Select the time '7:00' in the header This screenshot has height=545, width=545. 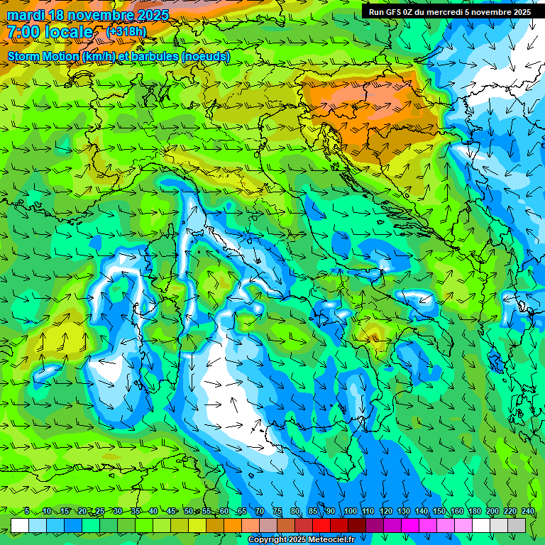point(25,32)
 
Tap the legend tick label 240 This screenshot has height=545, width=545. point(527,511)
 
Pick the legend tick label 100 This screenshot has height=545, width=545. point(350,511)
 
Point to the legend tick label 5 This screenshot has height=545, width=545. point(26,511)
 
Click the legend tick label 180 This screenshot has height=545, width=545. point(474,511)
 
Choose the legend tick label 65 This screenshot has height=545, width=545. point(241,511)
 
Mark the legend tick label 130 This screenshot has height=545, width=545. point(403,511)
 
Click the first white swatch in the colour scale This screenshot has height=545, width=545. point(20,525)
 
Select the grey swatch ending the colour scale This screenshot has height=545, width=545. point(517,525)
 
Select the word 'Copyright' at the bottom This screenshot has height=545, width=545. point(268,540)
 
